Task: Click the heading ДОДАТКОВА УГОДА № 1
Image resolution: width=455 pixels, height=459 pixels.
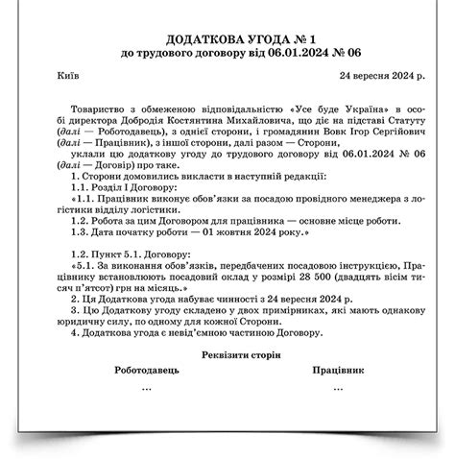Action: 227,39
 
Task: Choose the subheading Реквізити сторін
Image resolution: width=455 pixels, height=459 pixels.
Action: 227,355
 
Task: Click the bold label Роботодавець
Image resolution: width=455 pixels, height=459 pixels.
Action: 146,371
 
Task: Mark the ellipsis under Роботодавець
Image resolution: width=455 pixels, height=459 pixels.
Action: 146,388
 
